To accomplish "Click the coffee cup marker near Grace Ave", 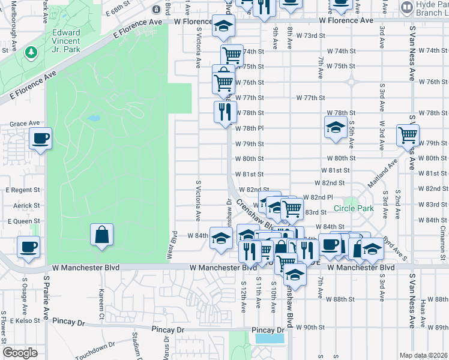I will [x=40, y=139].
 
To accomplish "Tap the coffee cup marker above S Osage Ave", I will [x=28, y=247].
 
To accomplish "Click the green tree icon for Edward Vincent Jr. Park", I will [x=31, y=53].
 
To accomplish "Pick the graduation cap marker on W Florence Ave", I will [x=223, y=26].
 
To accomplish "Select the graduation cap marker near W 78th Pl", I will [x=335, y=127].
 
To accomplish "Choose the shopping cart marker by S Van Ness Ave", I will [x=408, y=135].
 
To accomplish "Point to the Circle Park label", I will [x=354, y=209].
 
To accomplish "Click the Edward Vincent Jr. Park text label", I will [x=66, y=38].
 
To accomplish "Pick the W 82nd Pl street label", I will [x=318, y=197].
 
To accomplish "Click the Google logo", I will [x=20, y=353].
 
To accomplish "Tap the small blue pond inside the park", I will [x=93, y=118].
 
